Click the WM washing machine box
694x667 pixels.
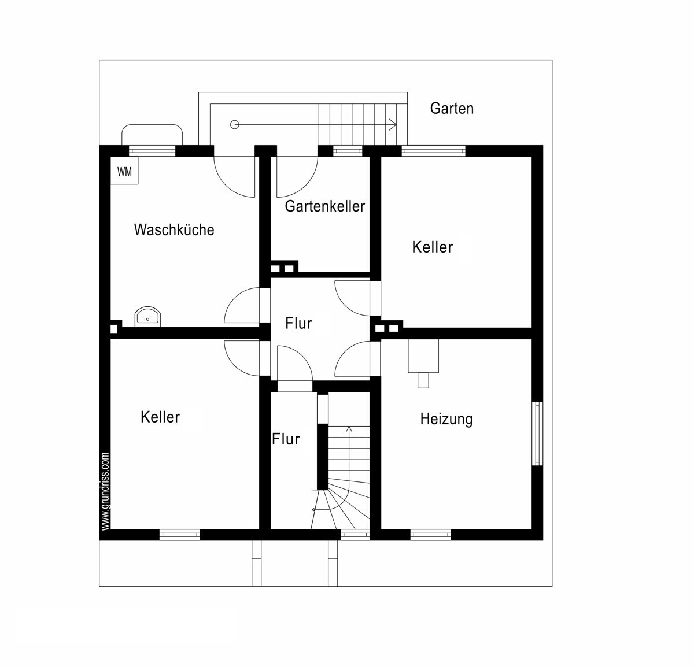pyautogui.click(x=124, y=171)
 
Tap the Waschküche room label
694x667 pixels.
pyautogui.click(x=174, y=229)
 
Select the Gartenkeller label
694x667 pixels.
pyautogui.click(x=325, y=206)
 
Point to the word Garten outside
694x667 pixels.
pyautogui.click(x=452, y=109)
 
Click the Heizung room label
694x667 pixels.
pyautogui.click(x=446, y=419)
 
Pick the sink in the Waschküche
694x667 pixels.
pyautogui.click(x=147, y=317)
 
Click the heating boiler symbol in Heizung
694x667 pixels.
pyautogui.click(x=423, y=364)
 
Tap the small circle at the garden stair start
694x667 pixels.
pyautogui.click(x=234, y=124)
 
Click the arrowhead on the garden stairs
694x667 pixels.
pyautogui.click(x=393, y=124)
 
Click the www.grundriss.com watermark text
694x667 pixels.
pyautogui.click(x=105, y=492)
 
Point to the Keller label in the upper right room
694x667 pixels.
pyautogui.click(x=432, y=247)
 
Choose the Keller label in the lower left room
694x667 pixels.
pyautogui.click(x=160, y=417)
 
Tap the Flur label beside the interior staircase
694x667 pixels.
pyautogui.click(x=286, y=439)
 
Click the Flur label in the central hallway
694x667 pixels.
pyautogui.click(x=298, y=323)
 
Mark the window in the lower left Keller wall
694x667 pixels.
pyautogui.click(x=180, y=535)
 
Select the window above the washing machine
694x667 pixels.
pyautogui.click(x=152, y=151)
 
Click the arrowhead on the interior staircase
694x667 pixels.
pyautogui.click(x=349, y=429)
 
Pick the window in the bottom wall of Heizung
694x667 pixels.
pyautogui.click(x=431, y=535)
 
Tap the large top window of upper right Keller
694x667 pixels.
pyautogui.click(x=434, y=151)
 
